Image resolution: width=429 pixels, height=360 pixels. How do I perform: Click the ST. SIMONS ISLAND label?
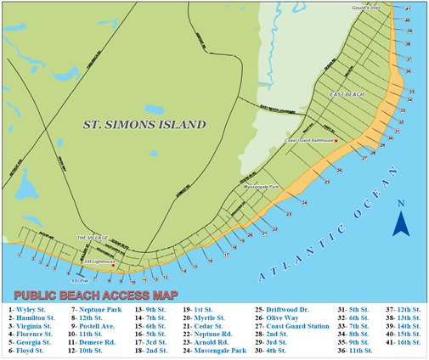(144, 125)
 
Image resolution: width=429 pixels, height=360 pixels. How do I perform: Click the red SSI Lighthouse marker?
(112, 265)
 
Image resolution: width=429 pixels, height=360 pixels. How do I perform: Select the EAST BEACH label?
(347, 95)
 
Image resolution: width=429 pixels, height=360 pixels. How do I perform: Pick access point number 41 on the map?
(408, 8)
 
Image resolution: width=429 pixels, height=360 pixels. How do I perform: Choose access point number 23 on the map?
(290, 216)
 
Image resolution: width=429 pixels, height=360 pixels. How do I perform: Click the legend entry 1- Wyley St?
(31, 311)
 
